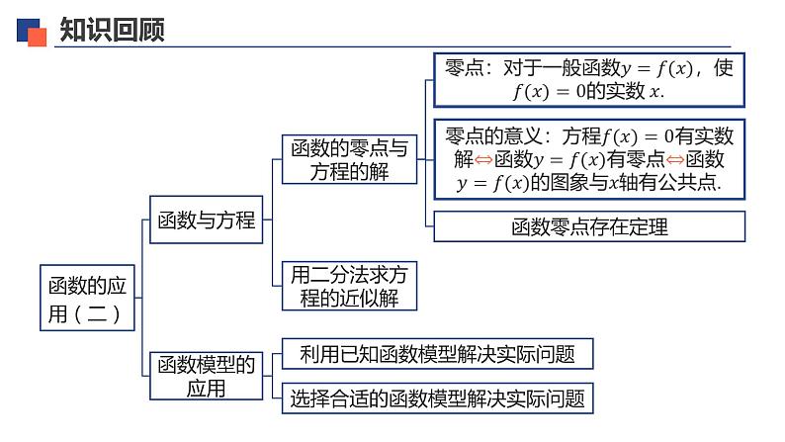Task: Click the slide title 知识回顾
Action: [x=112, y=31]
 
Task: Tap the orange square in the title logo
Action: [x=37, y=37]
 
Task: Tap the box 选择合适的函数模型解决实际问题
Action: [x=436, y=399]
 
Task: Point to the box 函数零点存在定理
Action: [x=589, y=227]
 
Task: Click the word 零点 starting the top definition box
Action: [x=465, y=69]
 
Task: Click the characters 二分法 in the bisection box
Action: [x=341, y=275]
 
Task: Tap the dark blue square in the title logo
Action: [x=27, y=28]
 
